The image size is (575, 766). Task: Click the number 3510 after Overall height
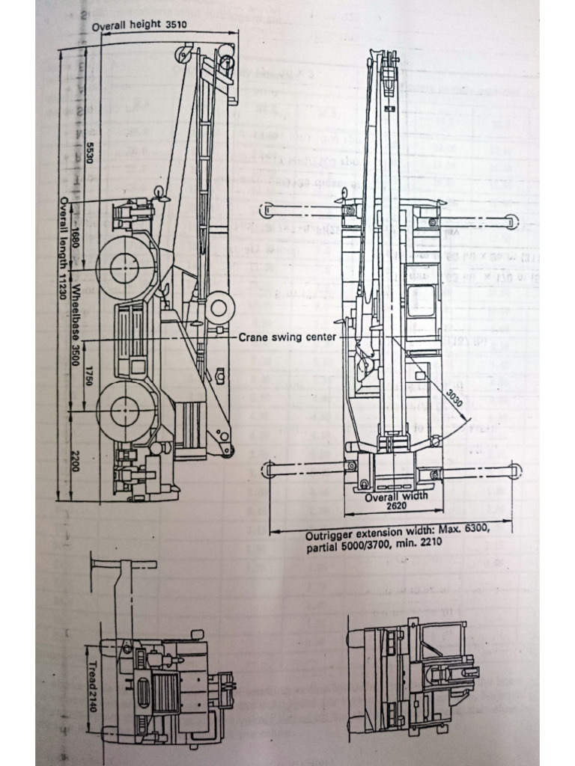pos(171,25)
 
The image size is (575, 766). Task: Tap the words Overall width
pos(396,496)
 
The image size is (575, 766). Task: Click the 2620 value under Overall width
pos(396,506)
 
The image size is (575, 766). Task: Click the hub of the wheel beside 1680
pos(125,269)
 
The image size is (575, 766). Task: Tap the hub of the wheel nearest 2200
pos(125,411)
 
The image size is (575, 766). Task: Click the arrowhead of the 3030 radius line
pos(462,422)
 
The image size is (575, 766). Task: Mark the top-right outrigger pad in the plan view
pos(511,221)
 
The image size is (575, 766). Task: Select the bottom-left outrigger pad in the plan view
pos(267,470)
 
